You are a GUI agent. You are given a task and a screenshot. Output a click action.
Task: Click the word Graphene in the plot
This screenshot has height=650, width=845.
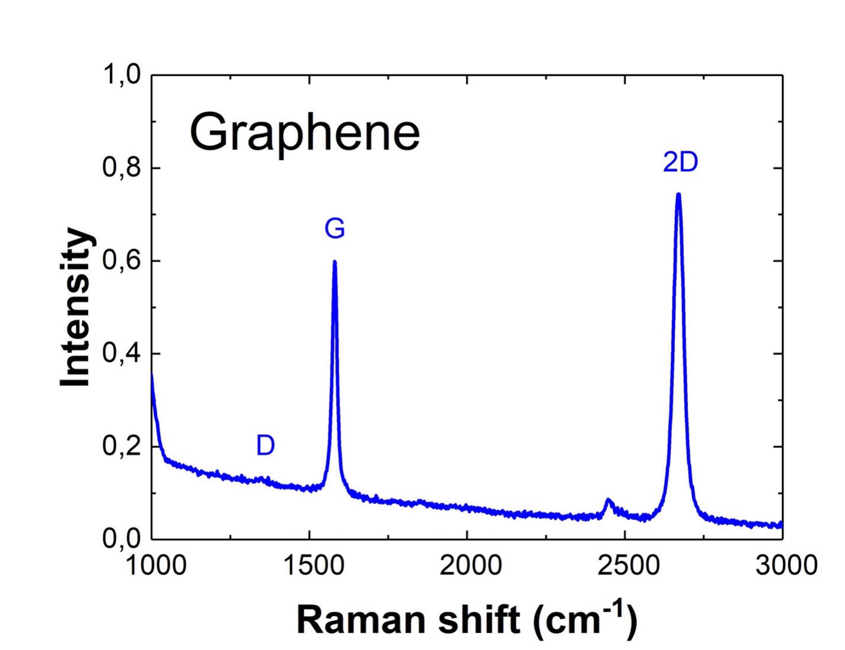point(304,133)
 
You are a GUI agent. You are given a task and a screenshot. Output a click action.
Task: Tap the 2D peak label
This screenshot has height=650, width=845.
point(680,162)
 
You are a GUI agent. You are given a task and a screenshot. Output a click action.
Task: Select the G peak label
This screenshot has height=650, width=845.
point(334,228)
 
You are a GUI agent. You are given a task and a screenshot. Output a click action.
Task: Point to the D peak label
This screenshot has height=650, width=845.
point(265,445)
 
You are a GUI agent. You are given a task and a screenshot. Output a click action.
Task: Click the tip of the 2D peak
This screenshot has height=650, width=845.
point(678,194)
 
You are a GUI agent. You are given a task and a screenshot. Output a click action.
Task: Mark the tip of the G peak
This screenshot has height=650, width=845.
point(334,261)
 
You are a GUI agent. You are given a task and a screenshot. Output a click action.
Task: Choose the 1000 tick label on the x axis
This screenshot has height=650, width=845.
point(156,565)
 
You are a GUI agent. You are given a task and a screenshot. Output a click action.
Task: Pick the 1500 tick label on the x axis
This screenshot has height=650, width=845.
point(314,565)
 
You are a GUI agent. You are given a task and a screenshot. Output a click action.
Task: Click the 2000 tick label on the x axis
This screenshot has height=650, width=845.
point(470,565)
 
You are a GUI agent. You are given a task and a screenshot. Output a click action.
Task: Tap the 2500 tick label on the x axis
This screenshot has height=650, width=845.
point(628,565)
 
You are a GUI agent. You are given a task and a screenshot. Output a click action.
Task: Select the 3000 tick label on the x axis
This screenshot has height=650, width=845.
point(786,565)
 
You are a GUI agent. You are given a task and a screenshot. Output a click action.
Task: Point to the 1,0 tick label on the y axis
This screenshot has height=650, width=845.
point(122,75)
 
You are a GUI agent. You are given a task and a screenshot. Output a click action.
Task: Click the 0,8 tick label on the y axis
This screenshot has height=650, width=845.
point(122,168)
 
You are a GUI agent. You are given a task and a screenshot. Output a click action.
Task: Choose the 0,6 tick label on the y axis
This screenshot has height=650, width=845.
point(122,261)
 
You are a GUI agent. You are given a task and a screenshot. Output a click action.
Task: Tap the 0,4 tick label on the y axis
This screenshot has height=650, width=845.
point(122,353)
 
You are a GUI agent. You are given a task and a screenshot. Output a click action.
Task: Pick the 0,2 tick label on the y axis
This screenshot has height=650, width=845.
point(122,446)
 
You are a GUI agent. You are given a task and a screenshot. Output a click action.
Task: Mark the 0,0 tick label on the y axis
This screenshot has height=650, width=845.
point(122,538)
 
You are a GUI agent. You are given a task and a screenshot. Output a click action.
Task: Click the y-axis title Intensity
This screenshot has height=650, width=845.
point(76,307)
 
